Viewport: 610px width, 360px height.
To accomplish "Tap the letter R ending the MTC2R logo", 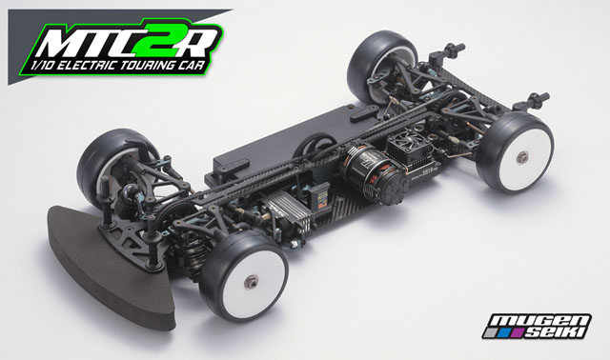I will click(201, 39).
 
